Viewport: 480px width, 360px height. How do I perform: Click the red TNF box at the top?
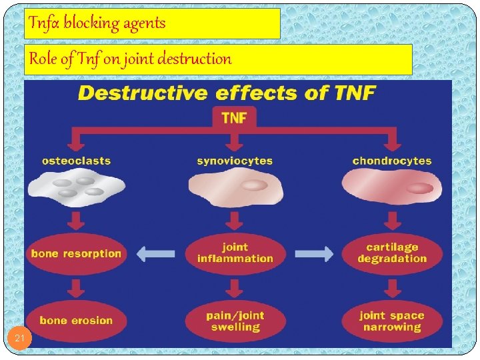click(x=233, y=117)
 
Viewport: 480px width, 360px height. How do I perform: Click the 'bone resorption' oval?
click(x=76, y=253)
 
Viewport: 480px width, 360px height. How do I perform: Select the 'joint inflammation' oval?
click(x=235, y=253)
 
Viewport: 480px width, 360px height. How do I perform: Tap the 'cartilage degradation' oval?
click(x=392, y=253)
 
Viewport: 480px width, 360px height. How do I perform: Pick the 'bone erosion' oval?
click(x=76, y=320)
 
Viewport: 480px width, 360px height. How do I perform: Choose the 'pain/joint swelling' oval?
click(x=235, y=321)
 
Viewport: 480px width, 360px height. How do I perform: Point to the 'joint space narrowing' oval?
click(x=392, y=321)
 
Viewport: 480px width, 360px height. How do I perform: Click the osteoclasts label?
click(x=76, y=161)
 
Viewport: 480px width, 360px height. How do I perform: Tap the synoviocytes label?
click(x=235, y=161)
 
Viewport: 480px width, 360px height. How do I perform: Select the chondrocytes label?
click(x=392, y=161)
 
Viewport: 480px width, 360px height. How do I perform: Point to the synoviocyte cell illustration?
click(x=235, y=186)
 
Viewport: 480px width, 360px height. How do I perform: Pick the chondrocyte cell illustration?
click(x=392, y=186)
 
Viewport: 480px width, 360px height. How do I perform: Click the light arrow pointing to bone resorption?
click(x=155, y=253)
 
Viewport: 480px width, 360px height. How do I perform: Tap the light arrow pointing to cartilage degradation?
click(x=314, y=253)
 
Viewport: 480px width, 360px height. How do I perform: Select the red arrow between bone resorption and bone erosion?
click(x=76, y=287)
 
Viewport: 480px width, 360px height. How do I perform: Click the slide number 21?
click(x=20, y=339)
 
